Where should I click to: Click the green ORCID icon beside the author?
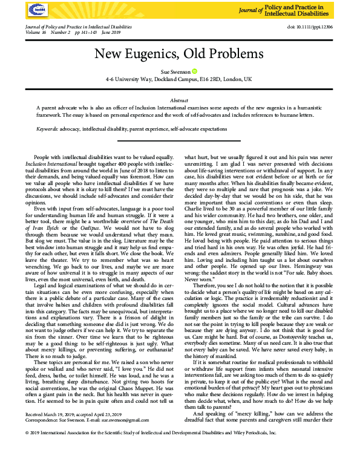(x=195, y=71)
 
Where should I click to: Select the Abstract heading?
(x=180, y=100)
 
